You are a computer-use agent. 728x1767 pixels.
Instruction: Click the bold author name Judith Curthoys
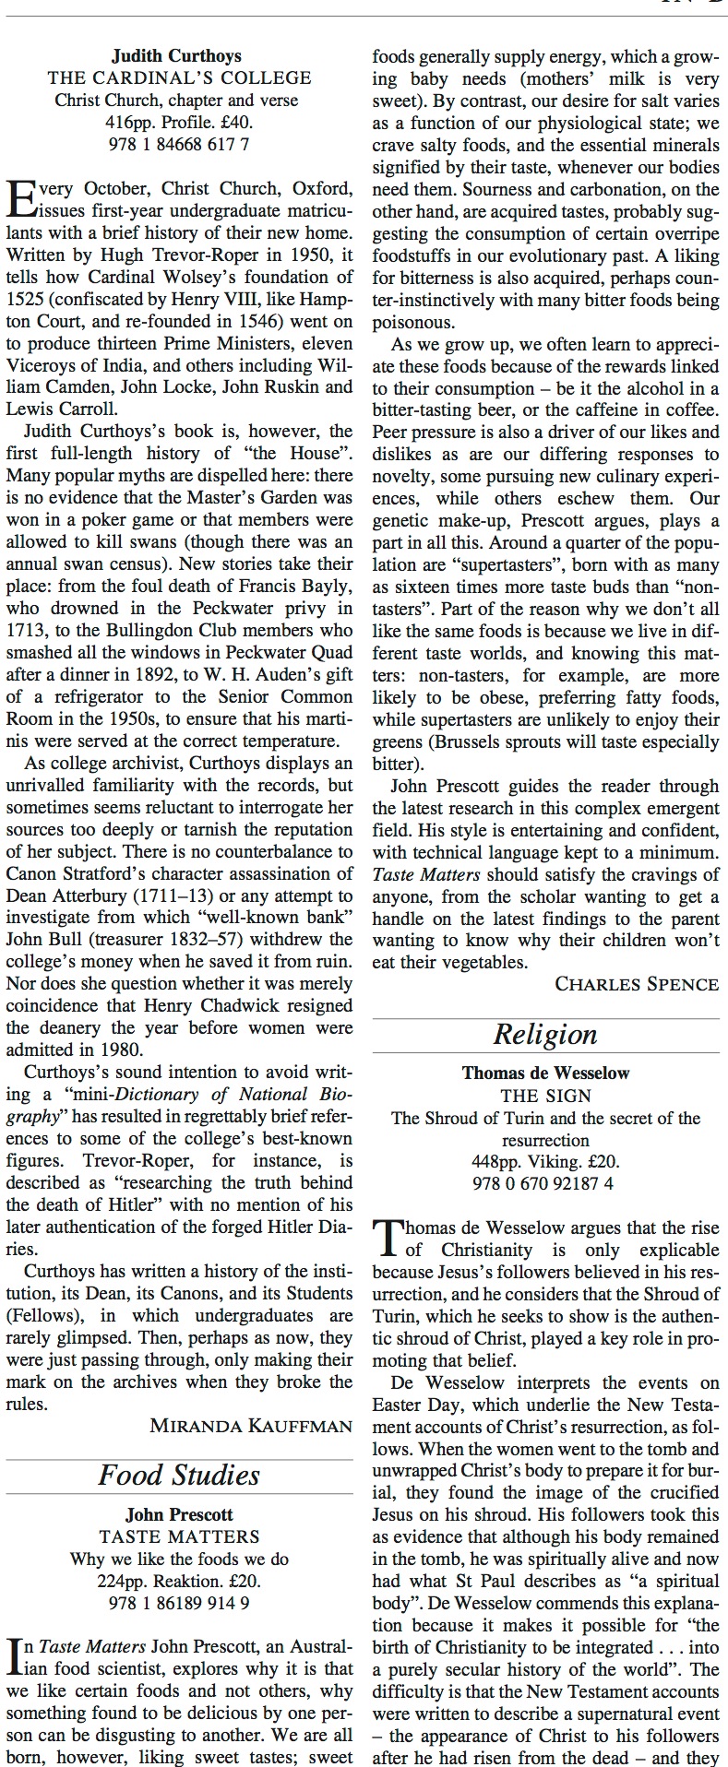(179, 55)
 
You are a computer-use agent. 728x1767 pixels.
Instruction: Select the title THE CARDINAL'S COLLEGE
(179, 77)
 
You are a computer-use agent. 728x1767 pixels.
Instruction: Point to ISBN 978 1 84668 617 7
(179, 144)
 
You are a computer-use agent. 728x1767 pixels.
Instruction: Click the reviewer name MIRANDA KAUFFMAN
(251, 1426)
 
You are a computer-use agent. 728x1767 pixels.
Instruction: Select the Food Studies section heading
(179, 1475)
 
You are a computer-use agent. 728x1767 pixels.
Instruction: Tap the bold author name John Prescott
(179, 1514)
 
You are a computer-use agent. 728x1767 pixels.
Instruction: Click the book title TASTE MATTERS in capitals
(179, 1536)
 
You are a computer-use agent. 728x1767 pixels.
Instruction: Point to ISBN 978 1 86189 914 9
(179, 1603)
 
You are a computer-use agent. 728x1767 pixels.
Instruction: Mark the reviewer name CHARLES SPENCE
(637, 984)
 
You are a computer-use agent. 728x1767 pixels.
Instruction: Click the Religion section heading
(545, 1034)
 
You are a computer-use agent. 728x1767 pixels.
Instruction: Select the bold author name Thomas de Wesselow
(545, 1073)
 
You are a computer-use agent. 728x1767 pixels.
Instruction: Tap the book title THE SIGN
(545, 1096)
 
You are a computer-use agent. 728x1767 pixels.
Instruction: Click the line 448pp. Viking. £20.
(545, 1162)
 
